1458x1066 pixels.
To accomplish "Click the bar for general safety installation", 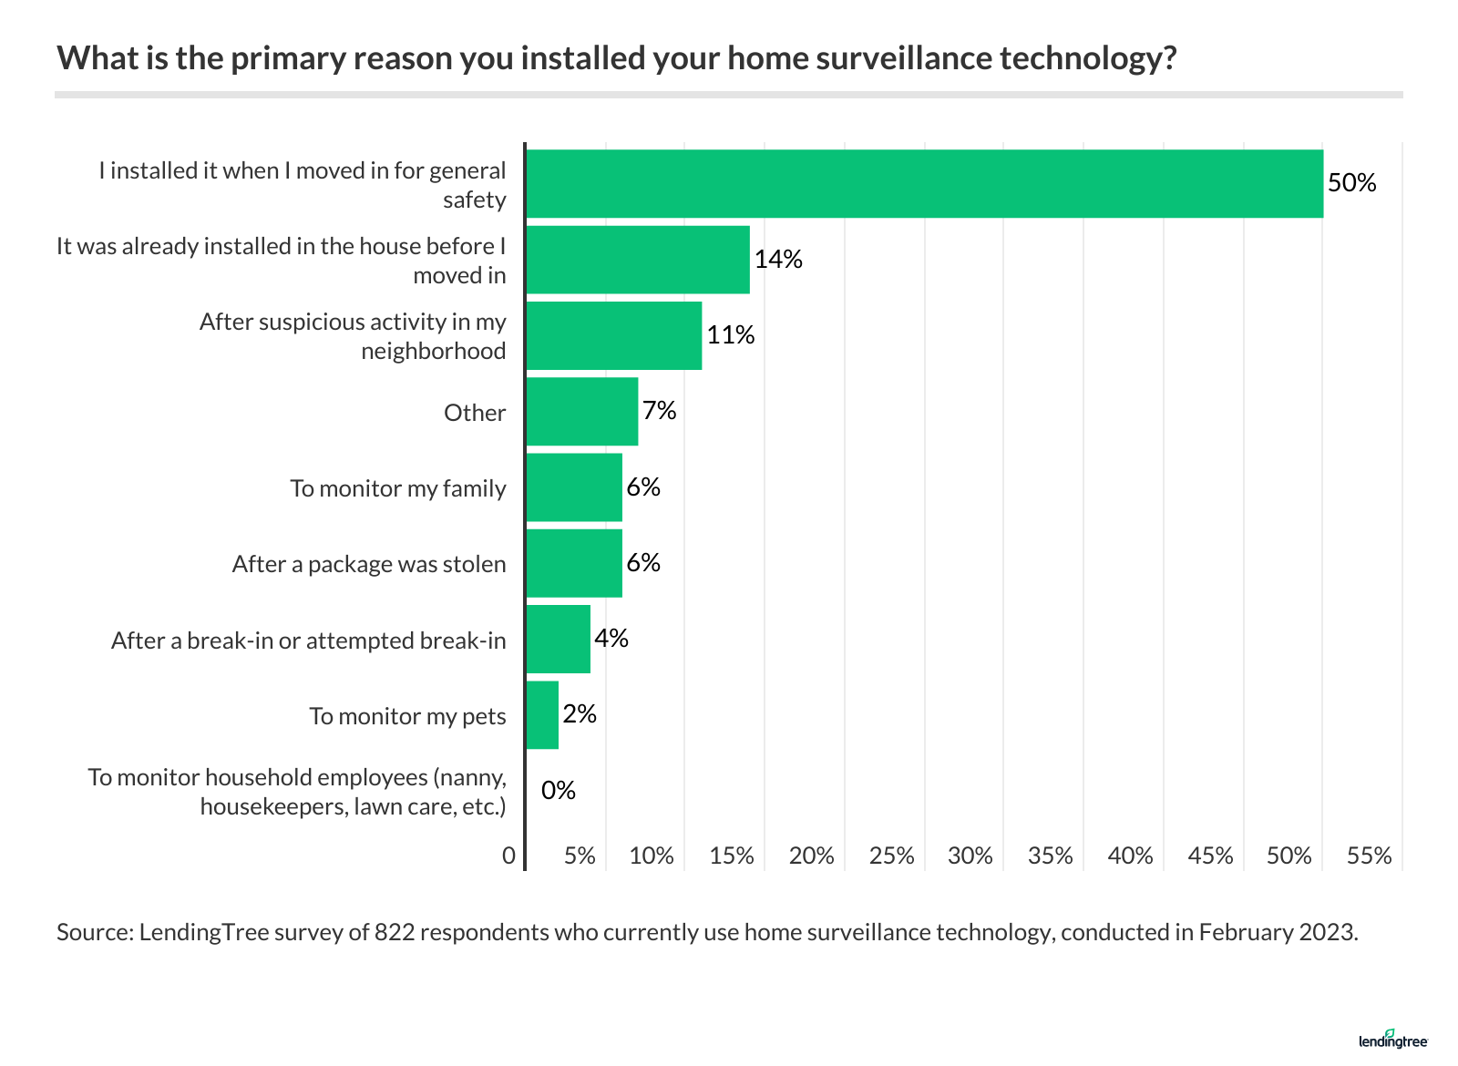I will pos(924,183).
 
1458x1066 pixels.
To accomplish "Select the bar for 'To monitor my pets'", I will pos(542,715).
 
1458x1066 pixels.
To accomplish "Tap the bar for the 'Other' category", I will pos(581,412).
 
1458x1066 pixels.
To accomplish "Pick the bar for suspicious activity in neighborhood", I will pos(613,335).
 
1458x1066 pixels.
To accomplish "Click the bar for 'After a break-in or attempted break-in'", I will pos(558,639).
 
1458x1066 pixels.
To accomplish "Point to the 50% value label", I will pos(1351,183).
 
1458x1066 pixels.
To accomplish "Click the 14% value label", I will pos(778,260).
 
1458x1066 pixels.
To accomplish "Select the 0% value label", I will pos(559,791).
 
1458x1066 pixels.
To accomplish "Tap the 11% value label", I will pos(731,335).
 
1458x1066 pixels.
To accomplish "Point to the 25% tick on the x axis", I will pos(891,856).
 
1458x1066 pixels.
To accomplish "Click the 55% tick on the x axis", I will pos(1370,856).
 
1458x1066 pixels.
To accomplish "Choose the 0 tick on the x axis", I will pos(508,856).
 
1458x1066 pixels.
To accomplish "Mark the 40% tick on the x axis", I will pos(1130,856).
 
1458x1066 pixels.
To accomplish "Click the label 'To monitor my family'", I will pos(398,488).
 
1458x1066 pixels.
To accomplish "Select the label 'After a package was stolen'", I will pos(369,564).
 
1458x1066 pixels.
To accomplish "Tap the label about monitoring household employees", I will pos(297,792).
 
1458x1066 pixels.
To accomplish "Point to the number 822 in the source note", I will pos(394,932).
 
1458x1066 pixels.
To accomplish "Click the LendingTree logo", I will pos(1392,1040).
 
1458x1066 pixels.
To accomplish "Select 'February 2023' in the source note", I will pos(1277,932).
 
